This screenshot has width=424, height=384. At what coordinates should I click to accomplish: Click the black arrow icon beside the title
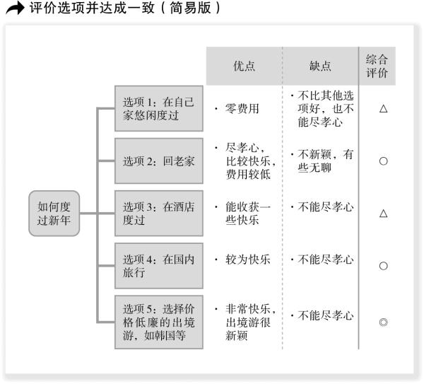tap(15, 8)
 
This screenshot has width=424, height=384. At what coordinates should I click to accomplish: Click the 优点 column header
tap(245, 66)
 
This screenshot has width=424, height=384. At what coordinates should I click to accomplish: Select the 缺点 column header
tap(320, 66)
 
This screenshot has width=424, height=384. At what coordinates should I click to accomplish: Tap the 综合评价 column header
tap(377, 66)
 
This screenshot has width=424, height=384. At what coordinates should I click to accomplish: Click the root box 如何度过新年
tap(54, 214)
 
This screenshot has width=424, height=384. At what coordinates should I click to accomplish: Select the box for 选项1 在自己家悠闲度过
tap(159, 108)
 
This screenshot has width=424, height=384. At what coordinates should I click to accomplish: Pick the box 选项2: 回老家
tap(159, 161)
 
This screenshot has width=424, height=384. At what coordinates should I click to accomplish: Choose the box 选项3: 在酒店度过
tap(159, 214)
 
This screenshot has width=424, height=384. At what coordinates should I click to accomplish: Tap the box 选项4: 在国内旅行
tap(159, 266)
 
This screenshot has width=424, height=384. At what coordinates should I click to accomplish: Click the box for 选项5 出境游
tap(159, 322)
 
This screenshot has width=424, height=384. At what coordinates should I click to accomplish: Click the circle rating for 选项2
tap(384, 161)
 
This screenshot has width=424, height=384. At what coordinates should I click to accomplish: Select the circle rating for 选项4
tap(384, 266)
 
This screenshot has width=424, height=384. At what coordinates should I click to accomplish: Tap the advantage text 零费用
tap(242, 108)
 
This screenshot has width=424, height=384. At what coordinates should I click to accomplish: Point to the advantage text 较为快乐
tap(248, 260)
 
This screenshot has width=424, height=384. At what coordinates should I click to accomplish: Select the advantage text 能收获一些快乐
tap(248, 214)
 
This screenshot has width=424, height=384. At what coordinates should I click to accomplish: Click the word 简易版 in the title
tap(190, 8)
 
